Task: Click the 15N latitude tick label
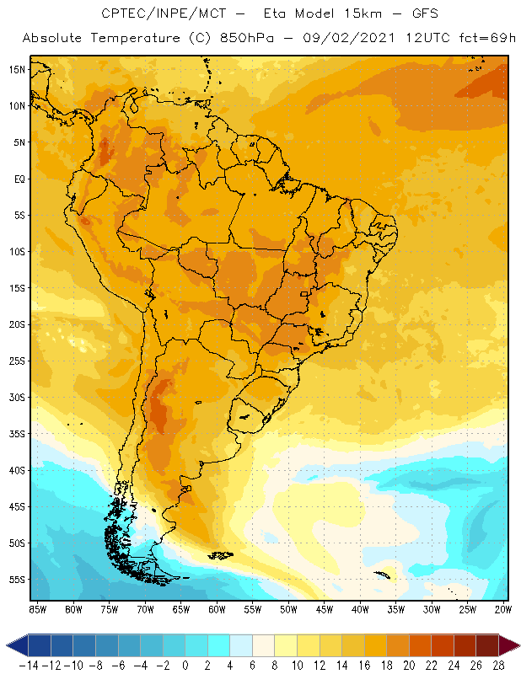pos(18,69)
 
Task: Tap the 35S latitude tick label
pos(18,434)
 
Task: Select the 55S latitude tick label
pos(18,580)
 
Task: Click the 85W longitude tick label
pos(37,609)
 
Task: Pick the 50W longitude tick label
pos(289,609)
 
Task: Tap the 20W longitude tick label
pos(503,609)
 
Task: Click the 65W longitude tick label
pos(181,609)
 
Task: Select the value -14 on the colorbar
pos(29,665)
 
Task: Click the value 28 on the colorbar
pos(498,665)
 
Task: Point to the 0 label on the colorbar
pos(185,665)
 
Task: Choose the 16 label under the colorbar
pos(364,665)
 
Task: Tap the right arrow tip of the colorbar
pos(515,645)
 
